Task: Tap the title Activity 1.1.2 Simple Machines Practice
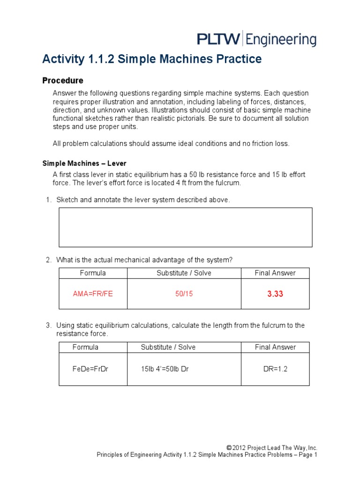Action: (x=152, y=60)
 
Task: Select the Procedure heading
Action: (x=63, y=81)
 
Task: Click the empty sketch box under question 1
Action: (x=185, y=227)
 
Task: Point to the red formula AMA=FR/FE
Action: (x=93, y=294)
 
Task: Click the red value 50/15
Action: (x=184, y=294)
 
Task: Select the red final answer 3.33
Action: (x=275, y=294)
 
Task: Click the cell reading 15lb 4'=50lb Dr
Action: (x=165, y=369)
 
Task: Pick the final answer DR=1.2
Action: (x=275, y=369)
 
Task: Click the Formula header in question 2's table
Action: (x=93, y=273)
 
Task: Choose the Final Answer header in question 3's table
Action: (x=275, y=347)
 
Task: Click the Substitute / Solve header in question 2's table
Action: (x=184, y=273)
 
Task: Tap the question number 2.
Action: (x=48, y=260)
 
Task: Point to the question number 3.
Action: (x=48, y=325)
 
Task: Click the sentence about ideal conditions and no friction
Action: (x=171, y=144)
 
